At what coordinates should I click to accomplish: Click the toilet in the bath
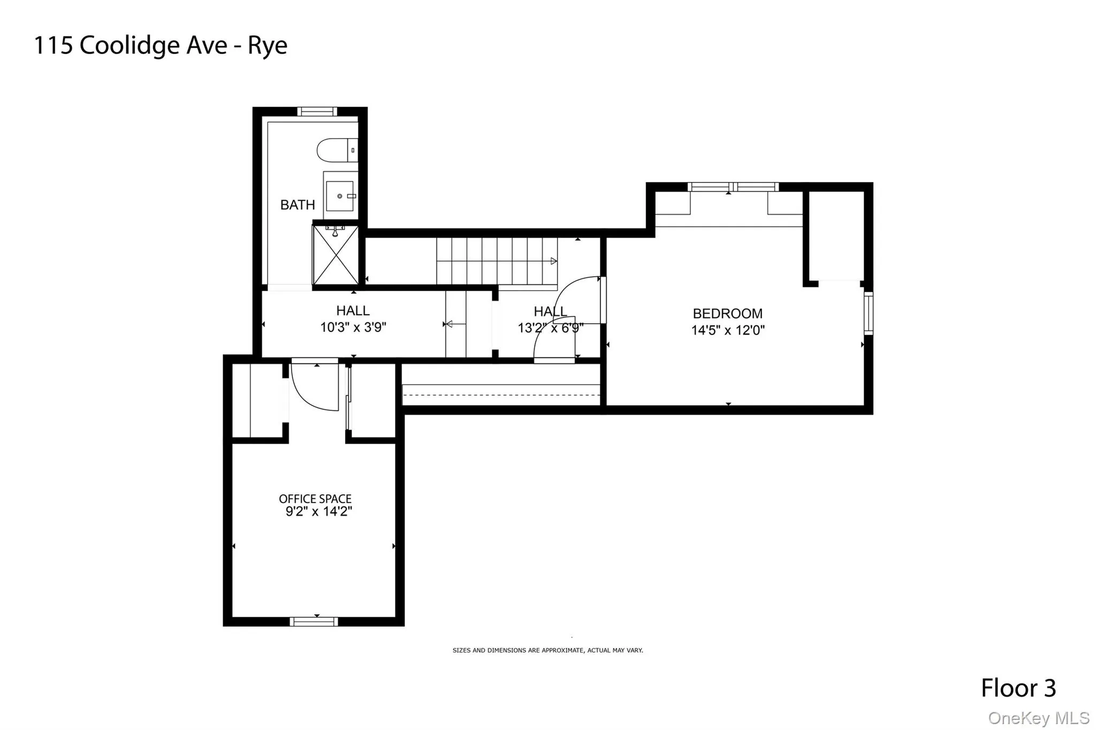(337, 150)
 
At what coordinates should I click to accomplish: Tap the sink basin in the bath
(340, 196)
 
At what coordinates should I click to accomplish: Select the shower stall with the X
(336, 255)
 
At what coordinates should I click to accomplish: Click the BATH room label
(298, 205)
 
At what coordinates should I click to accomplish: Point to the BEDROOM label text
(727, 314)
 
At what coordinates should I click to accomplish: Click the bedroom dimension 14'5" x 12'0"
(728, 330)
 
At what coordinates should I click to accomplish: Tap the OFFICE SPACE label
(315, 499)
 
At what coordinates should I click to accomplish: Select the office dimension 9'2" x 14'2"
(318, 512)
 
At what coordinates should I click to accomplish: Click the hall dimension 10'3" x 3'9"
(353, 327)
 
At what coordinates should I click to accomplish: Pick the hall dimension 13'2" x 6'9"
(550, 328)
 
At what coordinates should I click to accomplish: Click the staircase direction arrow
(554, 261)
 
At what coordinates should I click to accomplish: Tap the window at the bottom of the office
(314, 621)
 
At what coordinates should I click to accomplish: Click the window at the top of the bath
(317, 111)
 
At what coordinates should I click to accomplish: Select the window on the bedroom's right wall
(869, 313)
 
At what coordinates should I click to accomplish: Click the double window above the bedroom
(733, 187)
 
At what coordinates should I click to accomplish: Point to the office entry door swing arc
(310, 393)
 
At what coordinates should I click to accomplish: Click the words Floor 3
(1018, 688)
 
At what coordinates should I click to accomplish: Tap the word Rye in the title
(267, 45)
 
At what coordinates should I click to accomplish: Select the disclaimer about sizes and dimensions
(547, 650)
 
